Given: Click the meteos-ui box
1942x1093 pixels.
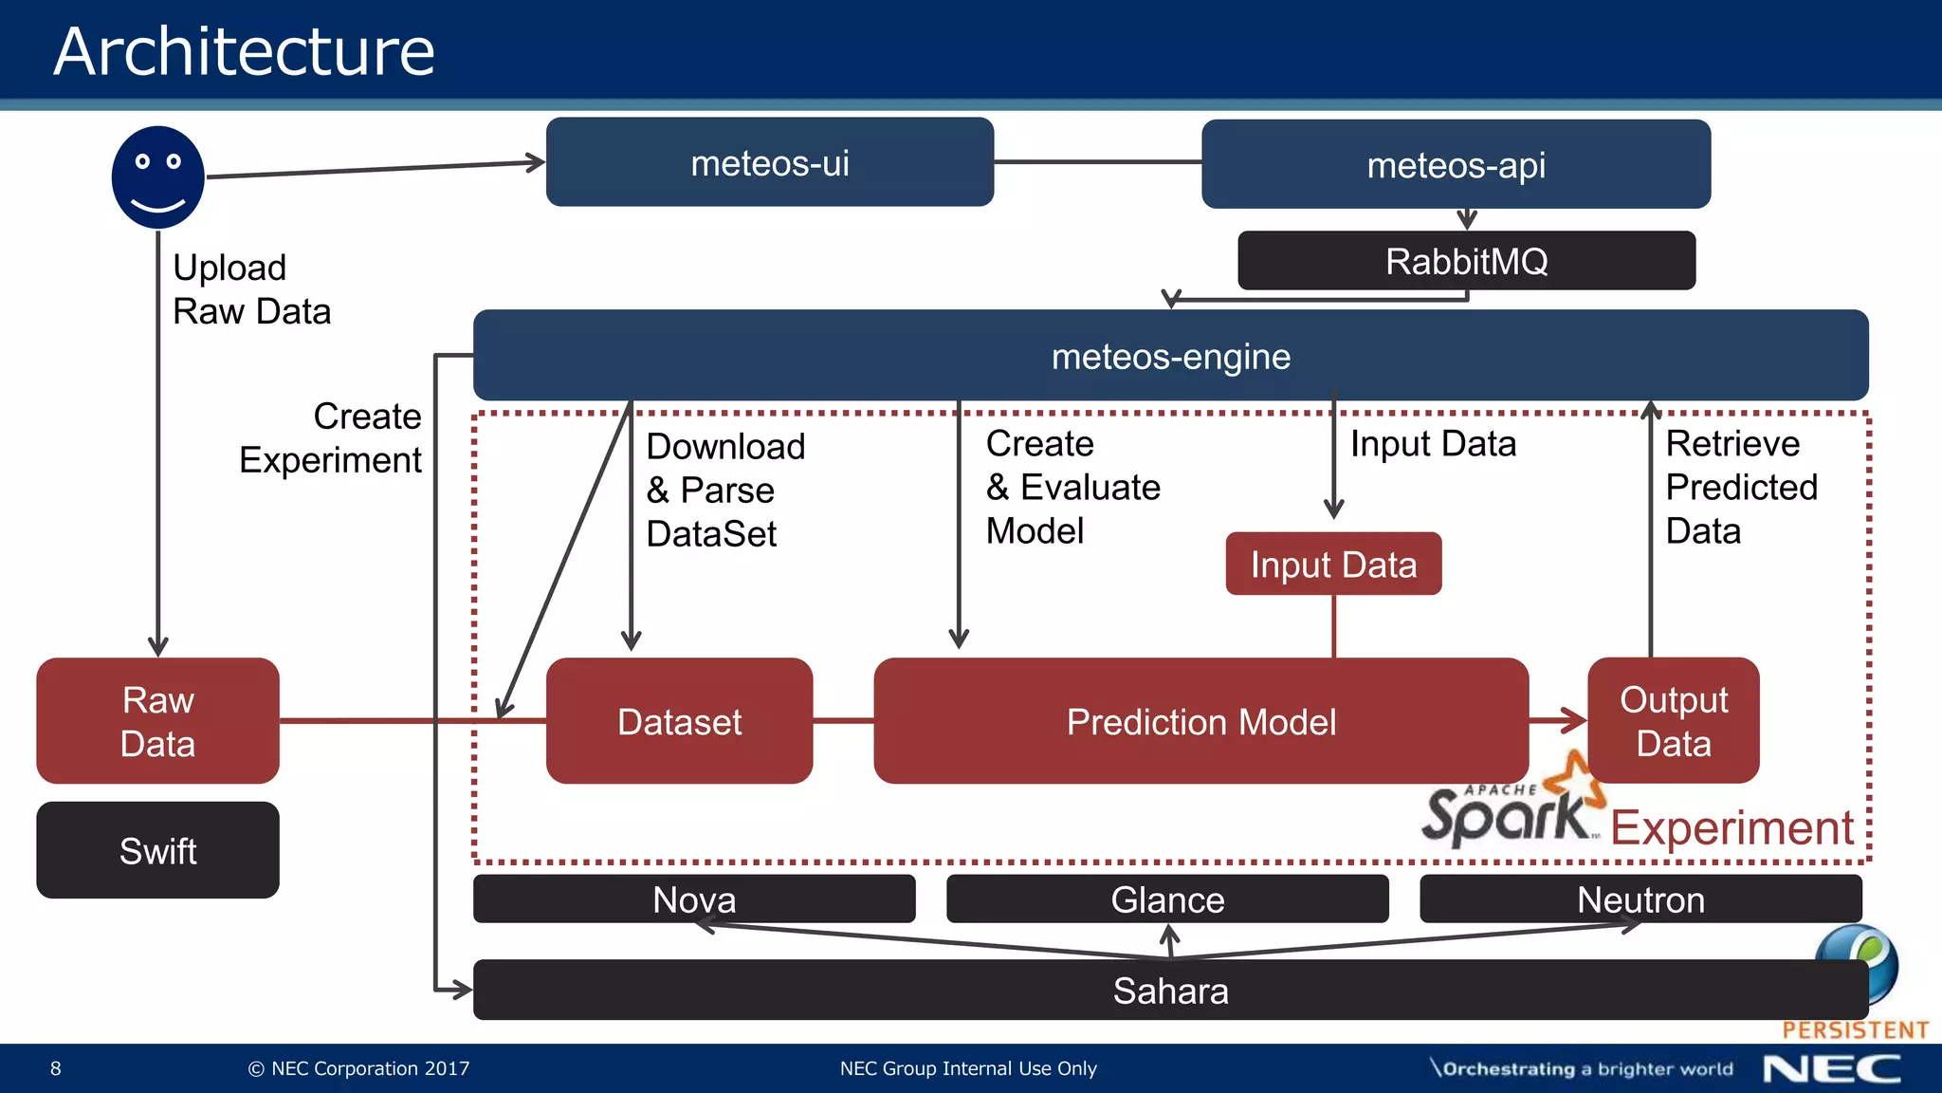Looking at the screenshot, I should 769,162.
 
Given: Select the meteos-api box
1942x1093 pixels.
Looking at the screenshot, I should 1456,165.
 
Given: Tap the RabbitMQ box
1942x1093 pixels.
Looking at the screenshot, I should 1466,261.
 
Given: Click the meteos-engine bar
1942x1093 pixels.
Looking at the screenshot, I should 1170,356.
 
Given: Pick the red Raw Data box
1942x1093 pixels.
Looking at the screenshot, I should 157,721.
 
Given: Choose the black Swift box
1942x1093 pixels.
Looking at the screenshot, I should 157,850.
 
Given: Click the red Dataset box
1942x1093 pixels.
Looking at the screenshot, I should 679,721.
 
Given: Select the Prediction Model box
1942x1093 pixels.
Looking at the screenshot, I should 1200,721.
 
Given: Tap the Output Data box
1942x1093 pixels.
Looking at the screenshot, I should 1673,721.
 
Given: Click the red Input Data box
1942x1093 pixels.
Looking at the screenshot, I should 1333,565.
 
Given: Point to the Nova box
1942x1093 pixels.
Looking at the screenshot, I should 694,898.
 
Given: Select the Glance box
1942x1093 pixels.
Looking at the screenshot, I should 1167,898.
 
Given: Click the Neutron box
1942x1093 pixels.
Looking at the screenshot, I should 1640,898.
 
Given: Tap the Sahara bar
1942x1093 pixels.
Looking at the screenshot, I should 1170,991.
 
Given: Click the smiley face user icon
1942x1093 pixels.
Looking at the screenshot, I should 158,177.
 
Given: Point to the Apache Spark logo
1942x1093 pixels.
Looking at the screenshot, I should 1512,806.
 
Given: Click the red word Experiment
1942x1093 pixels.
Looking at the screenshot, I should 1731,827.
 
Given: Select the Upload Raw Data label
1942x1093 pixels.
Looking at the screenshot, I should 251,289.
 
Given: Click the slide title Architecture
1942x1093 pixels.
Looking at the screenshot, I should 244,51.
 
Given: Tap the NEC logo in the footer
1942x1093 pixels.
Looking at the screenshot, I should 1831,1069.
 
